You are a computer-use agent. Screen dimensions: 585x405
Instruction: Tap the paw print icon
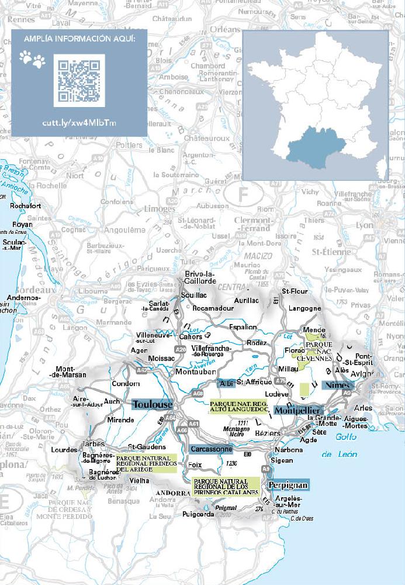coord(32,59)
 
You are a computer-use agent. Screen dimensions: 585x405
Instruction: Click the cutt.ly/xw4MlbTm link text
coord(79,123)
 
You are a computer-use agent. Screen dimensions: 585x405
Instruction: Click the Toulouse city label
coord(153,405)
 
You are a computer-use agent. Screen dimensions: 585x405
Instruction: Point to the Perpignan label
coord(288,485)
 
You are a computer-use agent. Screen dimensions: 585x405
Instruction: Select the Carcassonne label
coord(211,449)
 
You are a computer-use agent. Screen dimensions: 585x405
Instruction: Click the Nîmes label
coord(338,386)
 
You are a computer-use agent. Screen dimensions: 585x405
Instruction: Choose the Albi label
coord(226,383)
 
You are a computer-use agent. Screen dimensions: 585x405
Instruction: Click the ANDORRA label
coord(170,493)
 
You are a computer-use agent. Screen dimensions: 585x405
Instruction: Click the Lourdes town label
coord(81,450)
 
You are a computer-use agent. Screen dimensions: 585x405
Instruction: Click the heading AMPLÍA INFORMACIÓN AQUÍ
coord(79,39)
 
